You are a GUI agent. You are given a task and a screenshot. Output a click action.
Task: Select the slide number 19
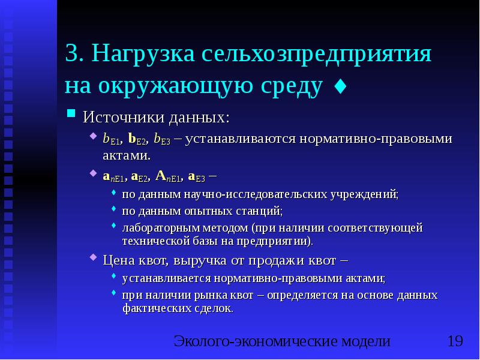point(455,342)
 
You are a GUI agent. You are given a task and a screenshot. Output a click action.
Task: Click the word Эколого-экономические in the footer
point(254,342)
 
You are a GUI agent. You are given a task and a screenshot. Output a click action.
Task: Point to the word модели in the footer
point(365,342)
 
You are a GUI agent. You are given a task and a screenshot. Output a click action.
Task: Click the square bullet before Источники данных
point(71,113)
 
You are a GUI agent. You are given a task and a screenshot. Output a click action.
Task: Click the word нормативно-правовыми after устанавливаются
point(333,139)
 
